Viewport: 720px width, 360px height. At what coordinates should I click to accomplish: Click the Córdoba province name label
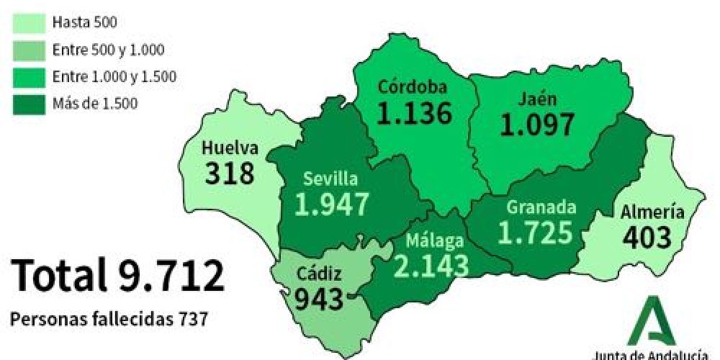click(x=413, y=87)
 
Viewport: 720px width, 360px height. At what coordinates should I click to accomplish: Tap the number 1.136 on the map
click(x=415, y=114)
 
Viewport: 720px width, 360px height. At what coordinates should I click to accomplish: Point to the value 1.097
click(x=539, y=125)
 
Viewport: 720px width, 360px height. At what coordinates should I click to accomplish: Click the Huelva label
click(x=230, y=149)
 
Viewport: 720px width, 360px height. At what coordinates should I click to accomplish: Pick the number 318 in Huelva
click(x=230, y=174)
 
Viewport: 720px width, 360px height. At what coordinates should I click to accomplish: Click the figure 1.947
click(x=332, y=204)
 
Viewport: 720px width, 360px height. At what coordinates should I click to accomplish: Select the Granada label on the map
click(x=541, y=207)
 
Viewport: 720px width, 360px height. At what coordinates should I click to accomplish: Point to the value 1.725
click(x=536, y=233)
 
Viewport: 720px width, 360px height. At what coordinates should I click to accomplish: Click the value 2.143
click(x=431, y=265)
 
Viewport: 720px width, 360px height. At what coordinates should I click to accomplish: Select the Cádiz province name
click(x=318, y=274)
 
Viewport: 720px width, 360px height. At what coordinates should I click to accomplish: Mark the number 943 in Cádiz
click(x=318, y=297)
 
